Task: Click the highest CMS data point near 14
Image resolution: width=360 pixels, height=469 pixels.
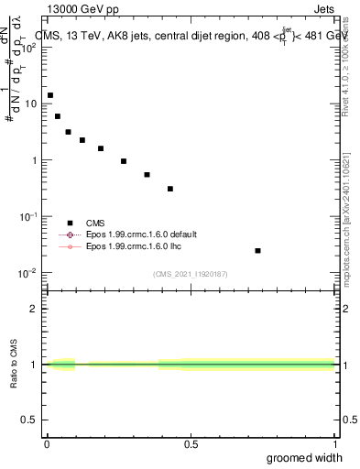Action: pyautogui.click(x=50, y=95)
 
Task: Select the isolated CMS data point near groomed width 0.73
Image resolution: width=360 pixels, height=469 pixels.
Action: pyautogui.click(x=258, y=250)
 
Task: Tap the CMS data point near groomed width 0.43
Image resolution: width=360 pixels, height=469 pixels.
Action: pyautogui.click(x=170, y=189)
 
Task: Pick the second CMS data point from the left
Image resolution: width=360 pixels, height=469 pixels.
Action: pyautogui.click(x=58, y=116)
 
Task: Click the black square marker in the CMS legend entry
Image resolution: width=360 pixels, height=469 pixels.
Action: pyautogui.click(x=70, y=223)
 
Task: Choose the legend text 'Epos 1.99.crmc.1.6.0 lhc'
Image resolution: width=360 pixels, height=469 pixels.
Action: pyautogui.click(x=134, y=246)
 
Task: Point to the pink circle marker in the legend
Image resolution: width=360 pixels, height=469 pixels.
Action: pyautogui.click(x=70, y=246)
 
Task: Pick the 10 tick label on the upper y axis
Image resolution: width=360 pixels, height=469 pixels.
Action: pyautogui.click(x=31, y=104)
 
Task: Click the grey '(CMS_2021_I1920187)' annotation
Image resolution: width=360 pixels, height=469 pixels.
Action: pyautogui.click(x=191, y=274)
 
